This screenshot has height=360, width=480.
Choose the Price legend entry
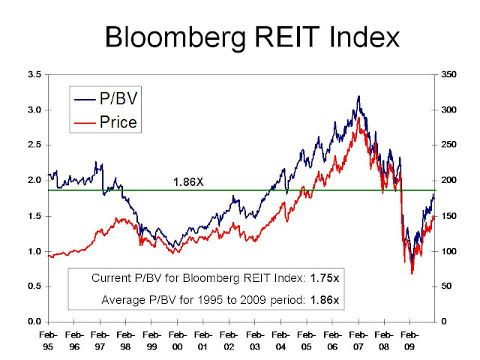pos(118,121)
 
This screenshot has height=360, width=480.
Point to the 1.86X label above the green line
pos(187,182)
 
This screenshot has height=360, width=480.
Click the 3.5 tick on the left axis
pos(34,75)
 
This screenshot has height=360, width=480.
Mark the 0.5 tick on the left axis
pos(34,286)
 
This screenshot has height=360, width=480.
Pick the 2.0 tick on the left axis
pos(34,181)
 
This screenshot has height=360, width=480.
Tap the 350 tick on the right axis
pos(448,75)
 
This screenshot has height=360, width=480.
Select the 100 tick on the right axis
pos(448,251)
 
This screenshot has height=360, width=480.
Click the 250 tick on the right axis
pos(448,145)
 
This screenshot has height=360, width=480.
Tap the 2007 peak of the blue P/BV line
pos(359,97)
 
